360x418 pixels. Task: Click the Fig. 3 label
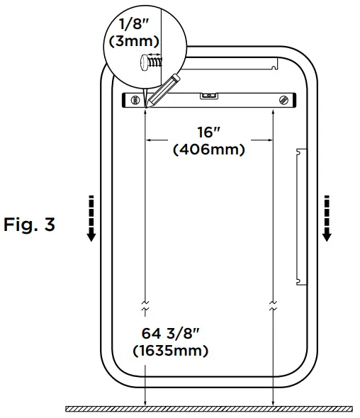(x=29, y=225)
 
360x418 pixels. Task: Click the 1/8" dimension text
(x=134, y=24)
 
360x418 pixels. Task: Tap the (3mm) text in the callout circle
(x=134, y=41)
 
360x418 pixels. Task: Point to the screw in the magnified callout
(x=151, y=62)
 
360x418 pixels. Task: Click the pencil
(x=163, y=91)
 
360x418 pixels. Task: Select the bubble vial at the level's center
(x=209, y=96)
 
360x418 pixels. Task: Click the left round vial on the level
(x=135, y=100)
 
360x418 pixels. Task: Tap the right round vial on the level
(x=283, y=100)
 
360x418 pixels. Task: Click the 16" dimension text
(x=209, y=132)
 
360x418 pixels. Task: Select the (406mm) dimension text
(x=209, y=149)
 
